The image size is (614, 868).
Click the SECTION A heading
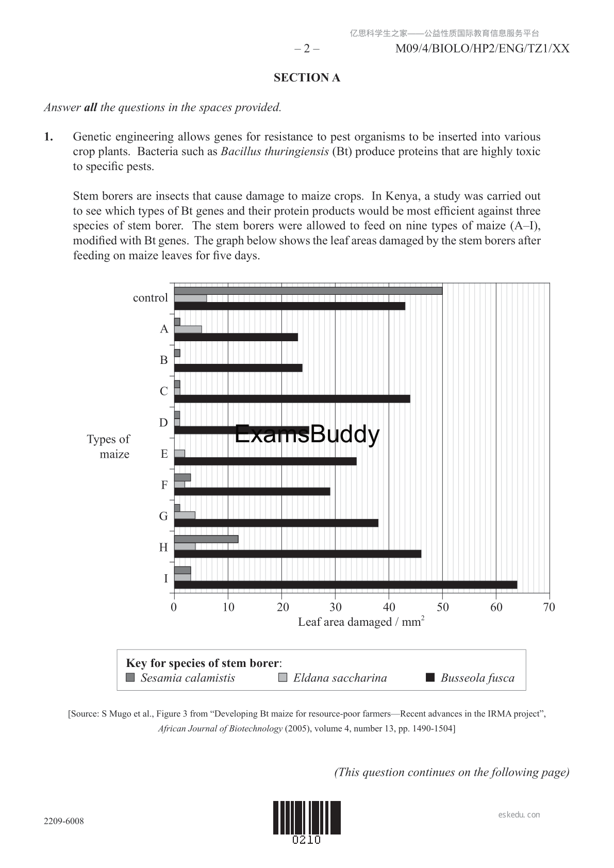pyautogui.click(x=307, y=78)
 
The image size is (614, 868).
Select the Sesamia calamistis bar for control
pyautogui.click(x=308, y=291)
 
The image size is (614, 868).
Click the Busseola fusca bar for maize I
pyautogui.click(x=345, y=585)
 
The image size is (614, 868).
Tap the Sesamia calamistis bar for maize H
pyautogui.click(x=206, y=539)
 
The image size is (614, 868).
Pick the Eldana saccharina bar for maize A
pyautogui.click(x=188, y=329)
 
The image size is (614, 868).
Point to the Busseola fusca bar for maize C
pyautogui.click(x=292, y=398)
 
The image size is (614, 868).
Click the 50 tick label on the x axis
pyautogui.click(x=442, y=607)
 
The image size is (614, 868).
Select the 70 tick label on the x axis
pyautogui.click(x=549, y=607)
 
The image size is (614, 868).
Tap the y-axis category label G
pyautogui.click(x=163, y=516)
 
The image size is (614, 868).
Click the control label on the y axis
pyautogui.click(x=150, y=298)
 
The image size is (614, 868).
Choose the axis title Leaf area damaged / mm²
pyautogui.click(x=361, y=622)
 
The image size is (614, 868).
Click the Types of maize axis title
pyautogui.click(x=109, y=446)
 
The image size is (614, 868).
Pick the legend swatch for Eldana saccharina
pyautogui.click(x=283, y=678)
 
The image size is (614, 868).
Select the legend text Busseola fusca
pyautogui.click(x=477, y=678)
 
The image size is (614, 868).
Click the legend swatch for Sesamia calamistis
pyautogui.click(x=130, y=678)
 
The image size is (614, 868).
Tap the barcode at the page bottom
pyautogui.click(x=307, y=817)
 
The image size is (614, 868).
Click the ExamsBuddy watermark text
pyautogui.click(x=307, y=434)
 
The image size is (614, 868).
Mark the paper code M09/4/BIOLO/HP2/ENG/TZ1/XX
pyautogui.click(x=482, y=49)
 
